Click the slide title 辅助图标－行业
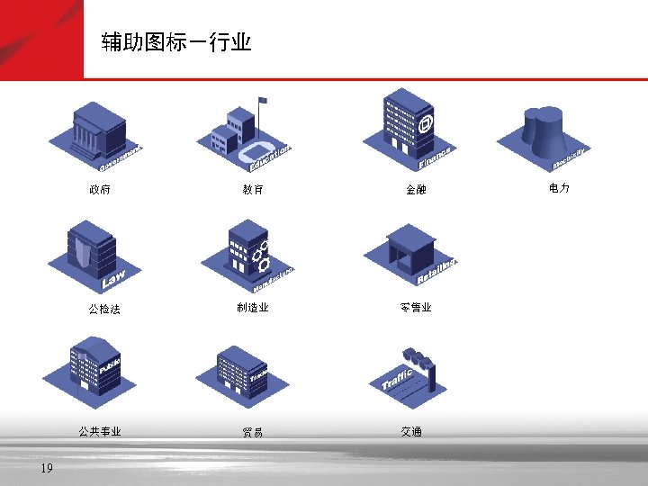tap(175, 42)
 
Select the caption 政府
tap(99, 190)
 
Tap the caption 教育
tap(253, 190)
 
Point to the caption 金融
tap(416, 190)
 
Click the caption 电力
tap(559, 188)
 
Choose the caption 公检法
tap(104, 310)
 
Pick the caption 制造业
tap(253, 308)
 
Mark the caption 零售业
tap(416, 308)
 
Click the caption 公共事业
tap(99, 431)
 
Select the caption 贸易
tap(253, 432)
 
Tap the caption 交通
tap(411, 432)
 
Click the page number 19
tap(47, 468)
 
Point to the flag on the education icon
tap(263, 100)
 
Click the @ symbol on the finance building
tap(425, 121)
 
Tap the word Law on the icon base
tap(114, 280)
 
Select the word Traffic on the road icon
tap(397, 378)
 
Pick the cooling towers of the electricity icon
tap(544, 130)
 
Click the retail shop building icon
tap(410, 247)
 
